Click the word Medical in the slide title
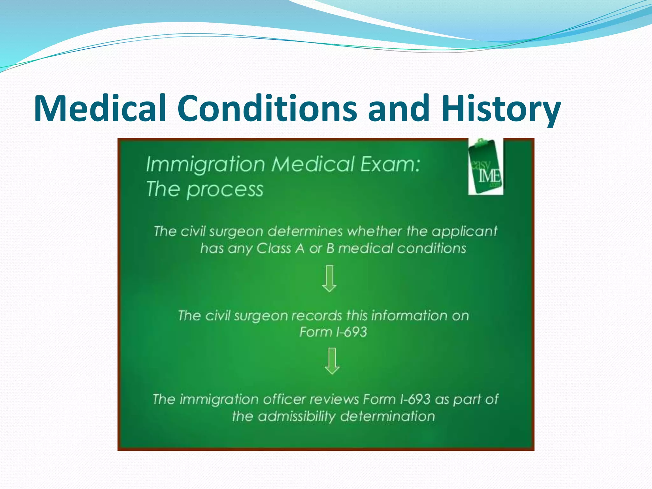pos(100,108)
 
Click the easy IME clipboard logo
pos(486,167)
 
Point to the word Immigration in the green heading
pos(205,164)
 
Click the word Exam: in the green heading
pos(390,164)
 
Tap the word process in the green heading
pos(225,190)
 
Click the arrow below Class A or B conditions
pos(329,279)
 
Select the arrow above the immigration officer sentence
pos(332,361)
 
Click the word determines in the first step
pos(305,231)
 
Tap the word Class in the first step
pos(274,248)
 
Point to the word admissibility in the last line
pos(296,416)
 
